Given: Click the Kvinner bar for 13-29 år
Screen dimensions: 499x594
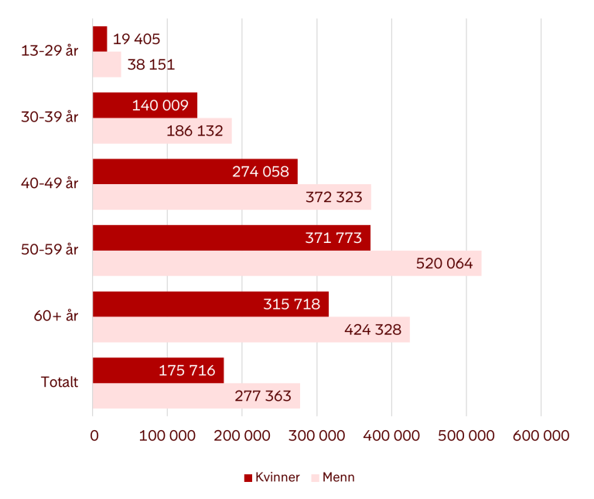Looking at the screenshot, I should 100,39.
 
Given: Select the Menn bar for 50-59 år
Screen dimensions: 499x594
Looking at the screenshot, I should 286,263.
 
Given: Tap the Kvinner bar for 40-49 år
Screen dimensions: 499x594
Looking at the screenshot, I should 195,172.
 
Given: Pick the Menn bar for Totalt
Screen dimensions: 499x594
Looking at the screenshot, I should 196,396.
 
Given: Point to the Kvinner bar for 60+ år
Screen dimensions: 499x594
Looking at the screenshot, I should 210,304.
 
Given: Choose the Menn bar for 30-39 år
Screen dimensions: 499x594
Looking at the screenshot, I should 162,131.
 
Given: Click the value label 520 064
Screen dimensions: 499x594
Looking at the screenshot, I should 444,264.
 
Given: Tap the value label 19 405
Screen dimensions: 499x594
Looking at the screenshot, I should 136,39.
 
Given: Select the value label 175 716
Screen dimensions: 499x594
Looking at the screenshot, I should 186,371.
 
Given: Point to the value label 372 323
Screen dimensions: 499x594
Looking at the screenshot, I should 333,197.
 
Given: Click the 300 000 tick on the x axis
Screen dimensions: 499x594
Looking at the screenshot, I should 316,436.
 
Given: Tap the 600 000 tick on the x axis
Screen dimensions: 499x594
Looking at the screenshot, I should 541,436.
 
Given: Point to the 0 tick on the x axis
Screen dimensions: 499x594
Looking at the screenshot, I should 94,436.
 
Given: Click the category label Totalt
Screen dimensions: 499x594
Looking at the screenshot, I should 59,383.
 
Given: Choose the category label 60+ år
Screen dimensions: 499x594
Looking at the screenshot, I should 56,316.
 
